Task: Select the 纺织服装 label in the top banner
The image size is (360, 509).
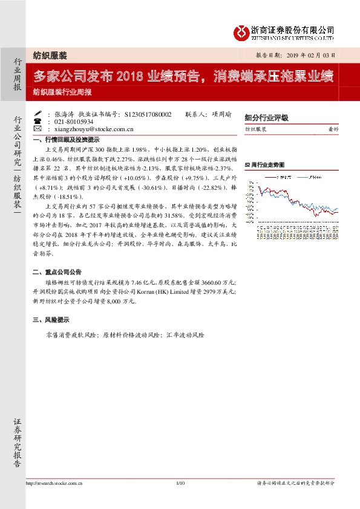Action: [50, 54]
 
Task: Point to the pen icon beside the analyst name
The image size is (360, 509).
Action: [38, 113]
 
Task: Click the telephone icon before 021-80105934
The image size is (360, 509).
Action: [38, 121]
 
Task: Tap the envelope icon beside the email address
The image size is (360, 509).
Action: [38, 129]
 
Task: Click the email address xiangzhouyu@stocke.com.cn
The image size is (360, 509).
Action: [90, 129]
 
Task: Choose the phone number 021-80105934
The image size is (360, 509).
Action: [71, 121]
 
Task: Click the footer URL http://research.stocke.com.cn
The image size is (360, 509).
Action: [54, 483]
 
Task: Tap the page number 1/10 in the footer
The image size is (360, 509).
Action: [180, 483]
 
